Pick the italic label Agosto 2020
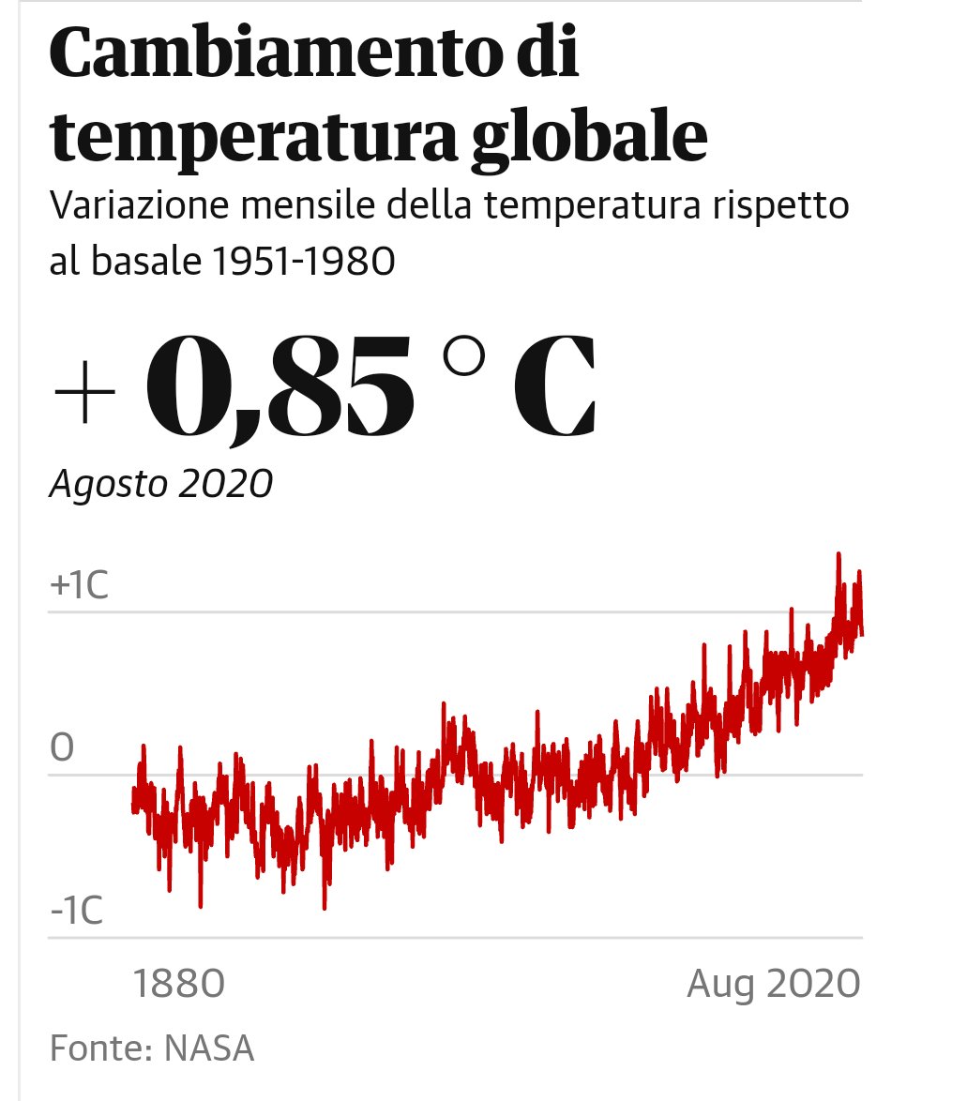(x=160, y=486)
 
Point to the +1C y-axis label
(x=80, y=586)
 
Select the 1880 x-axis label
(x=178, y=986)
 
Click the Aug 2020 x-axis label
(x=773, y=986)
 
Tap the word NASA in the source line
(x=210, y=1048)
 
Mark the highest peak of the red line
(x=838, y=554)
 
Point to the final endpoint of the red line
(x=862, y=635)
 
